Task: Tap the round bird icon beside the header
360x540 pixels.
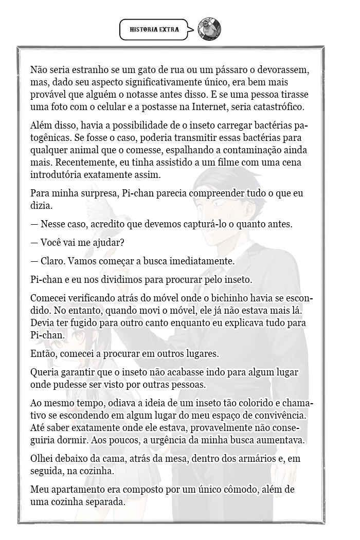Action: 210,29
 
